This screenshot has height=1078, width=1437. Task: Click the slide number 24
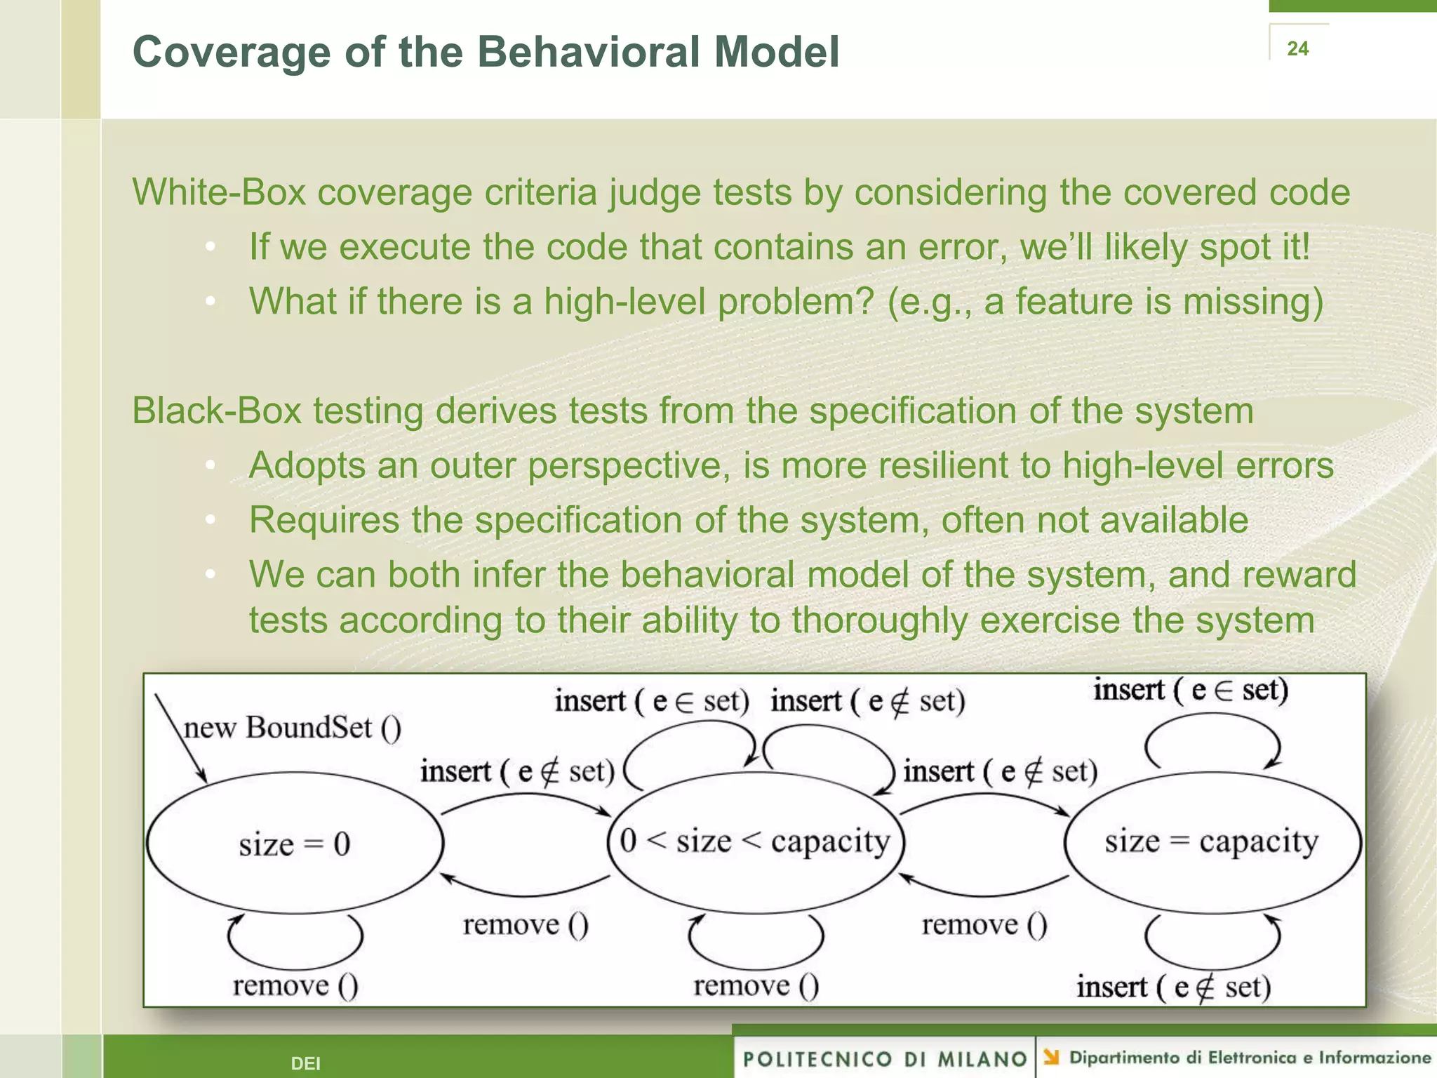click(1297, 48)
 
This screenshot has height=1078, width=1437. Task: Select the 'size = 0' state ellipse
click(295, 844)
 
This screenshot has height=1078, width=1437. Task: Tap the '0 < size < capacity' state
click(755, 841)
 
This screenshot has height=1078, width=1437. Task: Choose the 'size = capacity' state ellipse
click(1212, 841)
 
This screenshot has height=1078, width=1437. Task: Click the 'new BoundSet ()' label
click(292, 728)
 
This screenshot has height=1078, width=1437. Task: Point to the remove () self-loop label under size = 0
click(295, 986)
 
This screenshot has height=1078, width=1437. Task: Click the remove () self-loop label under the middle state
click(756, 986)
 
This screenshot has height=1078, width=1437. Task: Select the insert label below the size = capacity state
click(1174, 987)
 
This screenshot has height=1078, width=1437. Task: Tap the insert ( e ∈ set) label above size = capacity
click(1191, 690)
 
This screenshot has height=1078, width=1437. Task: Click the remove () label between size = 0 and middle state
click(526, 925)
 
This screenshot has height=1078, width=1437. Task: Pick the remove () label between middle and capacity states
click(984, 925)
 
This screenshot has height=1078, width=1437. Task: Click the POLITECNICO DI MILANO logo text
click(884, 1058)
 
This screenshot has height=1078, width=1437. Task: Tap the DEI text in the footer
click(305, 1063)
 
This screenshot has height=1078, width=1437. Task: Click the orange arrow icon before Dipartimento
click(1050, 1056)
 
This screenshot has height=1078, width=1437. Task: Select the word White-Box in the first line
click(219, 192)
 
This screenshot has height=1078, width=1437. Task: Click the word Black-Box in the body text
click(216, 411)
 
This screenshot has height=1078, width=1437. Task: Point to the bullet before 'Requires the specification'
click(210, 520)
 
